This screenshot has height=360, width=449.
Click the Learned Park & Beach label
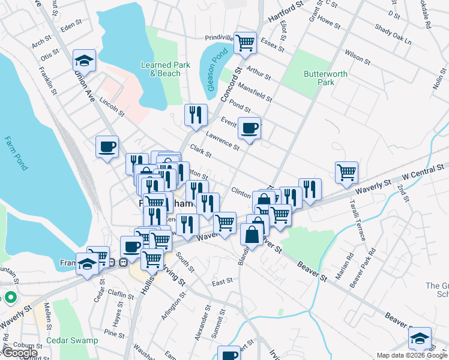pyautogui.click(x=160, y=69)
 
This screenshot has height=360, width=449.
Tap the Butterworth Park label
pyautogui.click(x=318, y=78)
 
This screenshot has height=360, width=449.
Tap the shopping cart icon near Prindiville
pyautogui.click(x=245, y=43)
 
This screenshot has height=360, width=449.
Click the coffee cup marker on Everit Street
pyautogui.click(x=249, y=128)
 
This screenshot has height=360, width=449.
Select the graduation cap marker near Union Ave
pyautogui.click(x=85, y=60)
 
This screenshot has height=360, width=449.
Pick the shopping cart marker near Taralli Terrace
pyautogui.click(x=346, y=173)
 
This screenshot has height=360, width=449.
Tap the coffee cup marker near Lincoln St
pyautogui.click(x=107, y=146)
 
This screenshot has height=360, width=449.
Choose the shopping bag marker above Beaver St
pyautogui.click(x=252, y=234)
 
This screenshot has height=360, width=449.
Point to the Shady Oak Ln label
pyautogui.click(x=393, y=35)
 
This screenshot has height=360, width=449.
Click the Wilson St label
pyautogui.click(x=357, y=56)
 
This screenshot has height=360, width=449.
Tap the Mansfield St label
pyautogui.click(x=255, y=92)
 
